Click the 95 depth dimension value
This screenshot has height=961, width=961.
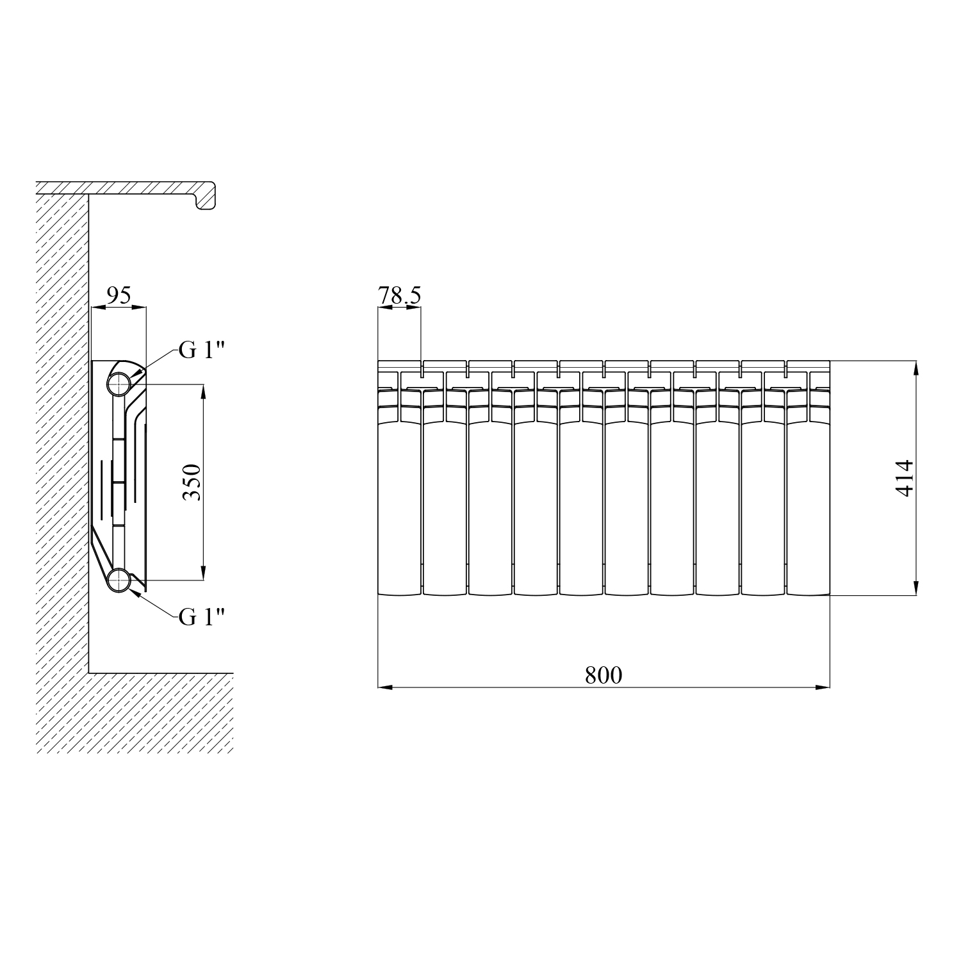[x=119, y=295]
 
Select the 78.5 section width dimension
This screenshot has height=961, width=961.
[x=399, y=296]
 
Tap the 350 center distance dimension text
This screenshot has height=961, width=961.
[x=193, y=482]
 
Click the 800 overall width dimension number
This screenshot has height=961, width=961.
[x=604, y=675]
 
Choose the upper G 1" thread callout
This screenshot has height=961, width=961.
[x=202, y=350]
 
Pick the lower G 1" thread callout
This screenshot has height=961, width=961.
[x=202, y=616]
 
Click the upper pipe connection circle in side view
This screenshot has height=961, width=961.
[x=119, y=384]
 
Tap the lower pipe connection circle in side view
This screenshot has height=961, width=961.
[x=119, y=580]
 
